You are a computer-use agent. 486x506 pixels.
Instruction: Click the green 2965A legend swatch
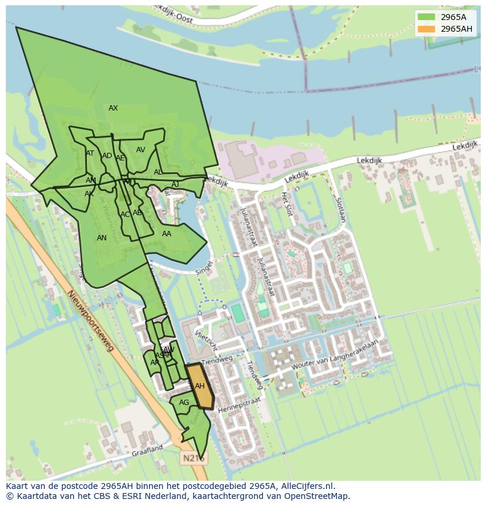coord(427,17)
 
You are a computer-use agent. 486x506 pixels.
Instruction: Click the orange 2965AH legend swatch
coord(427,29)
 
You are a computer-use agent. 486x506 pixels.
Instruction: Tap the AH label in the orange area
coord(200,386)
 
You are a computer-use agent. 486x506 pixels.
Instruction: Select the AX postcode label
coord(113,108)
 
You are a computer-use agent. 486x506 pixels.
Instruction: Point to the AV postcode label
coord(140,150)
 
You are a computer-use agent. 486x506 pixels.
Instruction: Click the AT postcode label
coord(90,153)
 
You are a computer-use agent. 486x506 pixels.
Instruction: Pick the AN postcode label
coord(102,238)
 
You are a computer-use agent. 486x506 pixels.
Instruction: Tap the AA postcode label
coord(167,234)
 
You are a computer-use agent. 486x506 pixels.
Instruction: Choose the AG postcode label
coord(184,403)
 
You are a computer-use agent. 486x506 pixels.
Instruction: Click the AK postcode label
coord(89,194)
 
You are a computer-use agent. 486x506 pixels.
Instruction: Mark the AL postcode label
coord(158,172)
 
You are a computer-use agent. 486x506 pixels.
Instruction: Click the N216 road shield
coord(193,458)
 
